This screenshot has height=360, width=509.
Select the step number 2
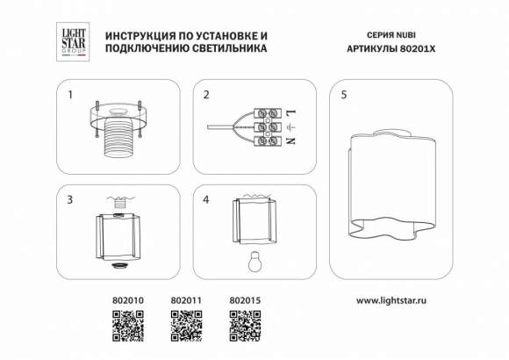click(x=206, y=94)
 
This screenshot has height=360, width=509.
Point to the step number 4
click(x=206, y=199)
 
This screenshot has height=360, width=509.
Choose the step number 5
click(x=344, y=94)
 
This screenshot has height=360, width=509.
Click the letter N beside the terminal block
click(x=290, y=141)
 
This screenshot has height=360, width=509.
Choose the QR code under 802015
click(x=243, y=327)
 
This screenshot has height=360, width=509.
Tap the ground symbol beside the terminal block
click(x=290, y=127)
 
